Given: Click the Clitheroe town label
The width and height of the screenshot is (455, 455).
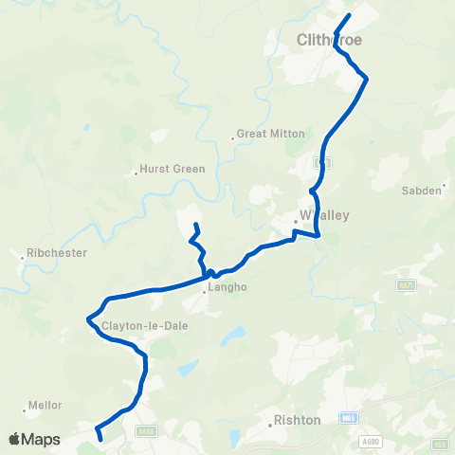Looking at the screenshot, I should point(329,40).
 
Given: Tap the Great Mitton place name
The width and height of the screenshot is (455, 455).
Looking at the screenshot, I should point(270,134).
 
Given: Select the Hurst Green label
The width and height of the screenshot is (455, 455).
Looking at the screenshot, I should point(172,170).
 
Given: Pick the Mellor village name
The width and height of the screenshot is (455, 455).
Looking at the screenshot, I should point(45,405).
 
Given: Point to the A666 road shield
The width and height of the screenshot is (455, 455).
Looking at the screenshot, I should point(146,430).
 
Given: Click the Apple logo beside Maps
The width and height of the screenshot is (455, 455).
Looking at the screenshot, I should point(14,439).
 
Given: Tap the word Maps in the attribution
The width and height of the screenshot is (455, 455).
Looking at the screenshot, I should point(42,439).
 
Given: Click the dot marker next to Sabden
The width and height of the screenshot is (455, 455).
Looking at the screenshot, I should point(445,191).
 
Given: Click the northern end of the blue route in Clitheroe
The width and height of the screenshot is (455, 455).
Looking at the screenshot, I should point(349,15).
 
